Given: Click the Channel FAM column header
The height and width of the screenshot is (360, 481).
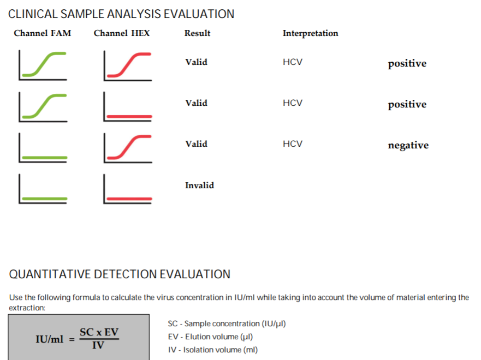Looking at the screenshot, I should tap(42, 33).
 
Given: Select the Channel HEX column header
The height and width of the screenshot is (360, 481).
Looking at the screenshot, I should tap(121, 33).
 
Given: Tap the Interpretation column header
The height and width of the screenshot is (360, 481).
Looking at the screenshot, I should tap(310, 33).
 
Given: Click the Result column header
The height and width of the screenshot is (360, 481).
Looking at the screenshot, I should tap(197, 33).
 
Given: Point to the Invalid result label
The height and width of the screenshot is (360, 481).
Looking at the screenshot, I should tap(199, 185).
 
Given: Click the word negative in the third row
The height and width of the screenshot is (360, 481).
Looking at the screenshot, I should tap(408, 145).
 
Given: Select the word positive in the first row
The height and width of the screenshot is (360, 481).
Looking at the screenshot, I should tap(407, 63).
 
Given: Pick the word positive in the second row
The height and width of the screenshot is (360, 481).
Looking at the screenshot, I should tap(407, 104).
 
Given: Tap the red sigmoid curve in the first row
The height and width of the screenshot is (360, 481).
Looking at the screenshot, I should tap(128, 64).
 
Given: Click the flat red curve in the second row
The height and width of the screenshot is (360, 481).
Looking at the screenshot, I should tap(129, 117).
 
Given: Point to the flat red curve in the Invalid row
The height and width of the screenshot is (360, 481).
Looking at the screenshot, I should tap(129, 199).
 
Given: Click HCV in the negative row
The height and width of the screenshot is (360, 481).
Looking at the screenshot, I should tap(292, 144).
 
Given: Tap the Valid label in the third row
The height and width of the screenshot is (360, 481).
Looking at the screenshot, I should tap(196, 144).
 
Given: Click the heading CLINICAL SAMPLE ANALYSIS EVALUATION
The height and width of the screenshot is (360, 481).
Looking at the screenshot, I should tap(121, 14).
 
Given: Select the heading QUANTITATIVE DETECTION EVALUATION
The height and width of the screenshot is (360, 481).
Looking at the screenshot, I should tap(120, 274).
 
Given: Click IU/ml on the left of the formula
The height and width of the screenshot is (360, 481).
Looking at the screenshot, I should tap(50, 339).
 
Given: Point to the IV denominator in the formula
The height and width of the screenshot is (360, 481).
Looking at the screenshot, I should tap(98, 345).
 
